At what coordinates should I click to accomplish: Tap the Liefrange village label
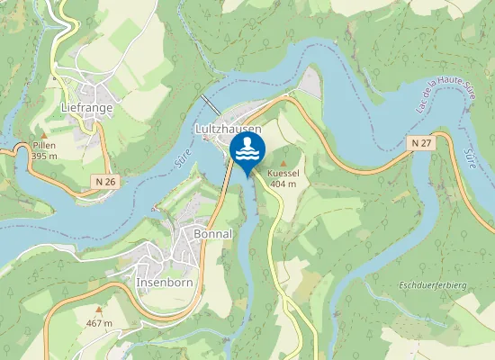coord(86,108)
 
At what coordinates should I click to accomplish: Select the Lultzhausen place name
coord(229,130)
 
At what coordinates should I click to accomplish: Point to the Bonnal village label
coord(213,233)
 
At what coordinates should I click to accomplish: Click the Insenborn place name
coord(165,282)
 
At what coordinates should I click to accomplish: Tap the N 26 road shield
coord(105,182)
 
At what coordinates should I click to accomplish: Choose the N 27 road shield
coord(421,143)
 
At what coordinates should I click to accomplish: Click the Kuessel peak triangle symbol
coord(283,163)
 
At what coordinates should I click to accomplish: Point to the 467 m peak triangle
coord(99,310)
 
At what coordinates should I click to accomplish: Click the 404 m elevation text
coord(283,184)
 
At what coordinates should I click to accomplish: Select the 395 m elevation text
coord(44,156)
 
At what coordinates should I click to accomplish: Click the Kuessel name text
coord(283,174)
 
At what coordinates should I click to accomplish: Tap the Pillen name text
coord(44,146)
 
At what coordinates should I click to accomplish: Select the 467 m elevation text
coord(99,322)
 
